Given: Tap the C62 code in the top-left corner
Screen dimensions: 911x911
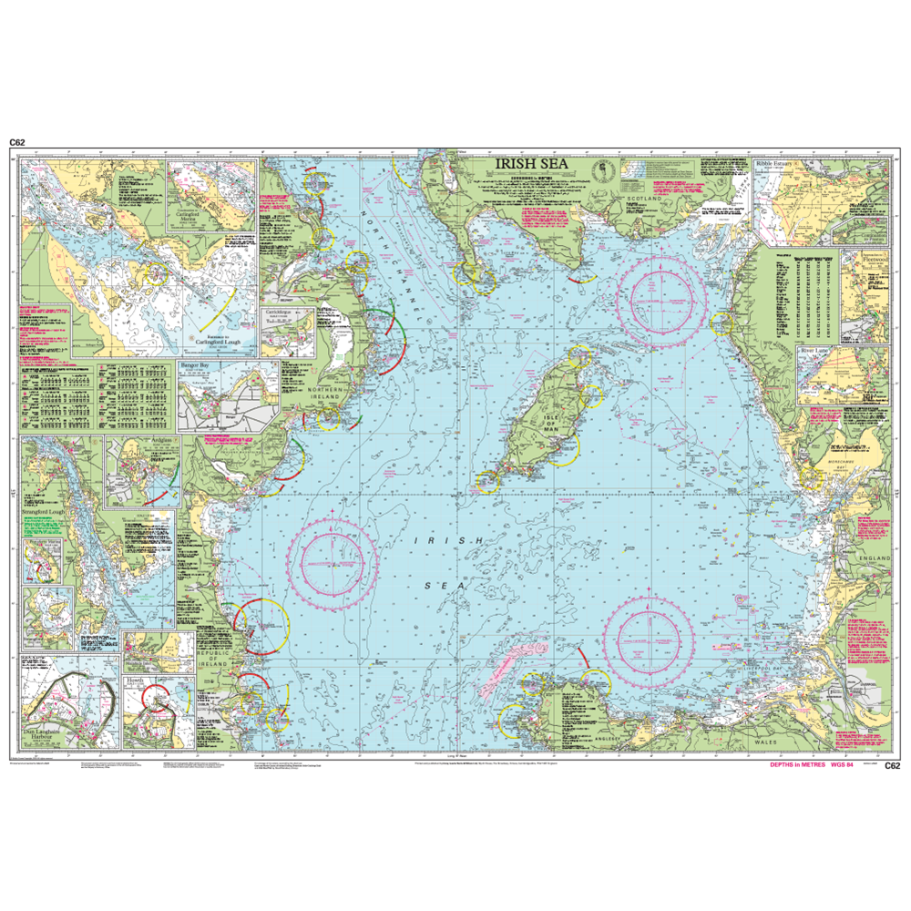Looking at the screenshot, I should [17, 142].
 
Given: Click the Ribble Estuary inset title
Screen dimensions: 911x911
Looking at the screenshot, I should [777, 165].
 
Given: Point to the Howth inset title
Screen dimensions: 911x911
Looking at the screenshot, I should [134, 681].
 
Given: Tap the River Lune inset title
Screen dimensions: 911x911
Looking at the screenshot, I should [817, 350].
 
